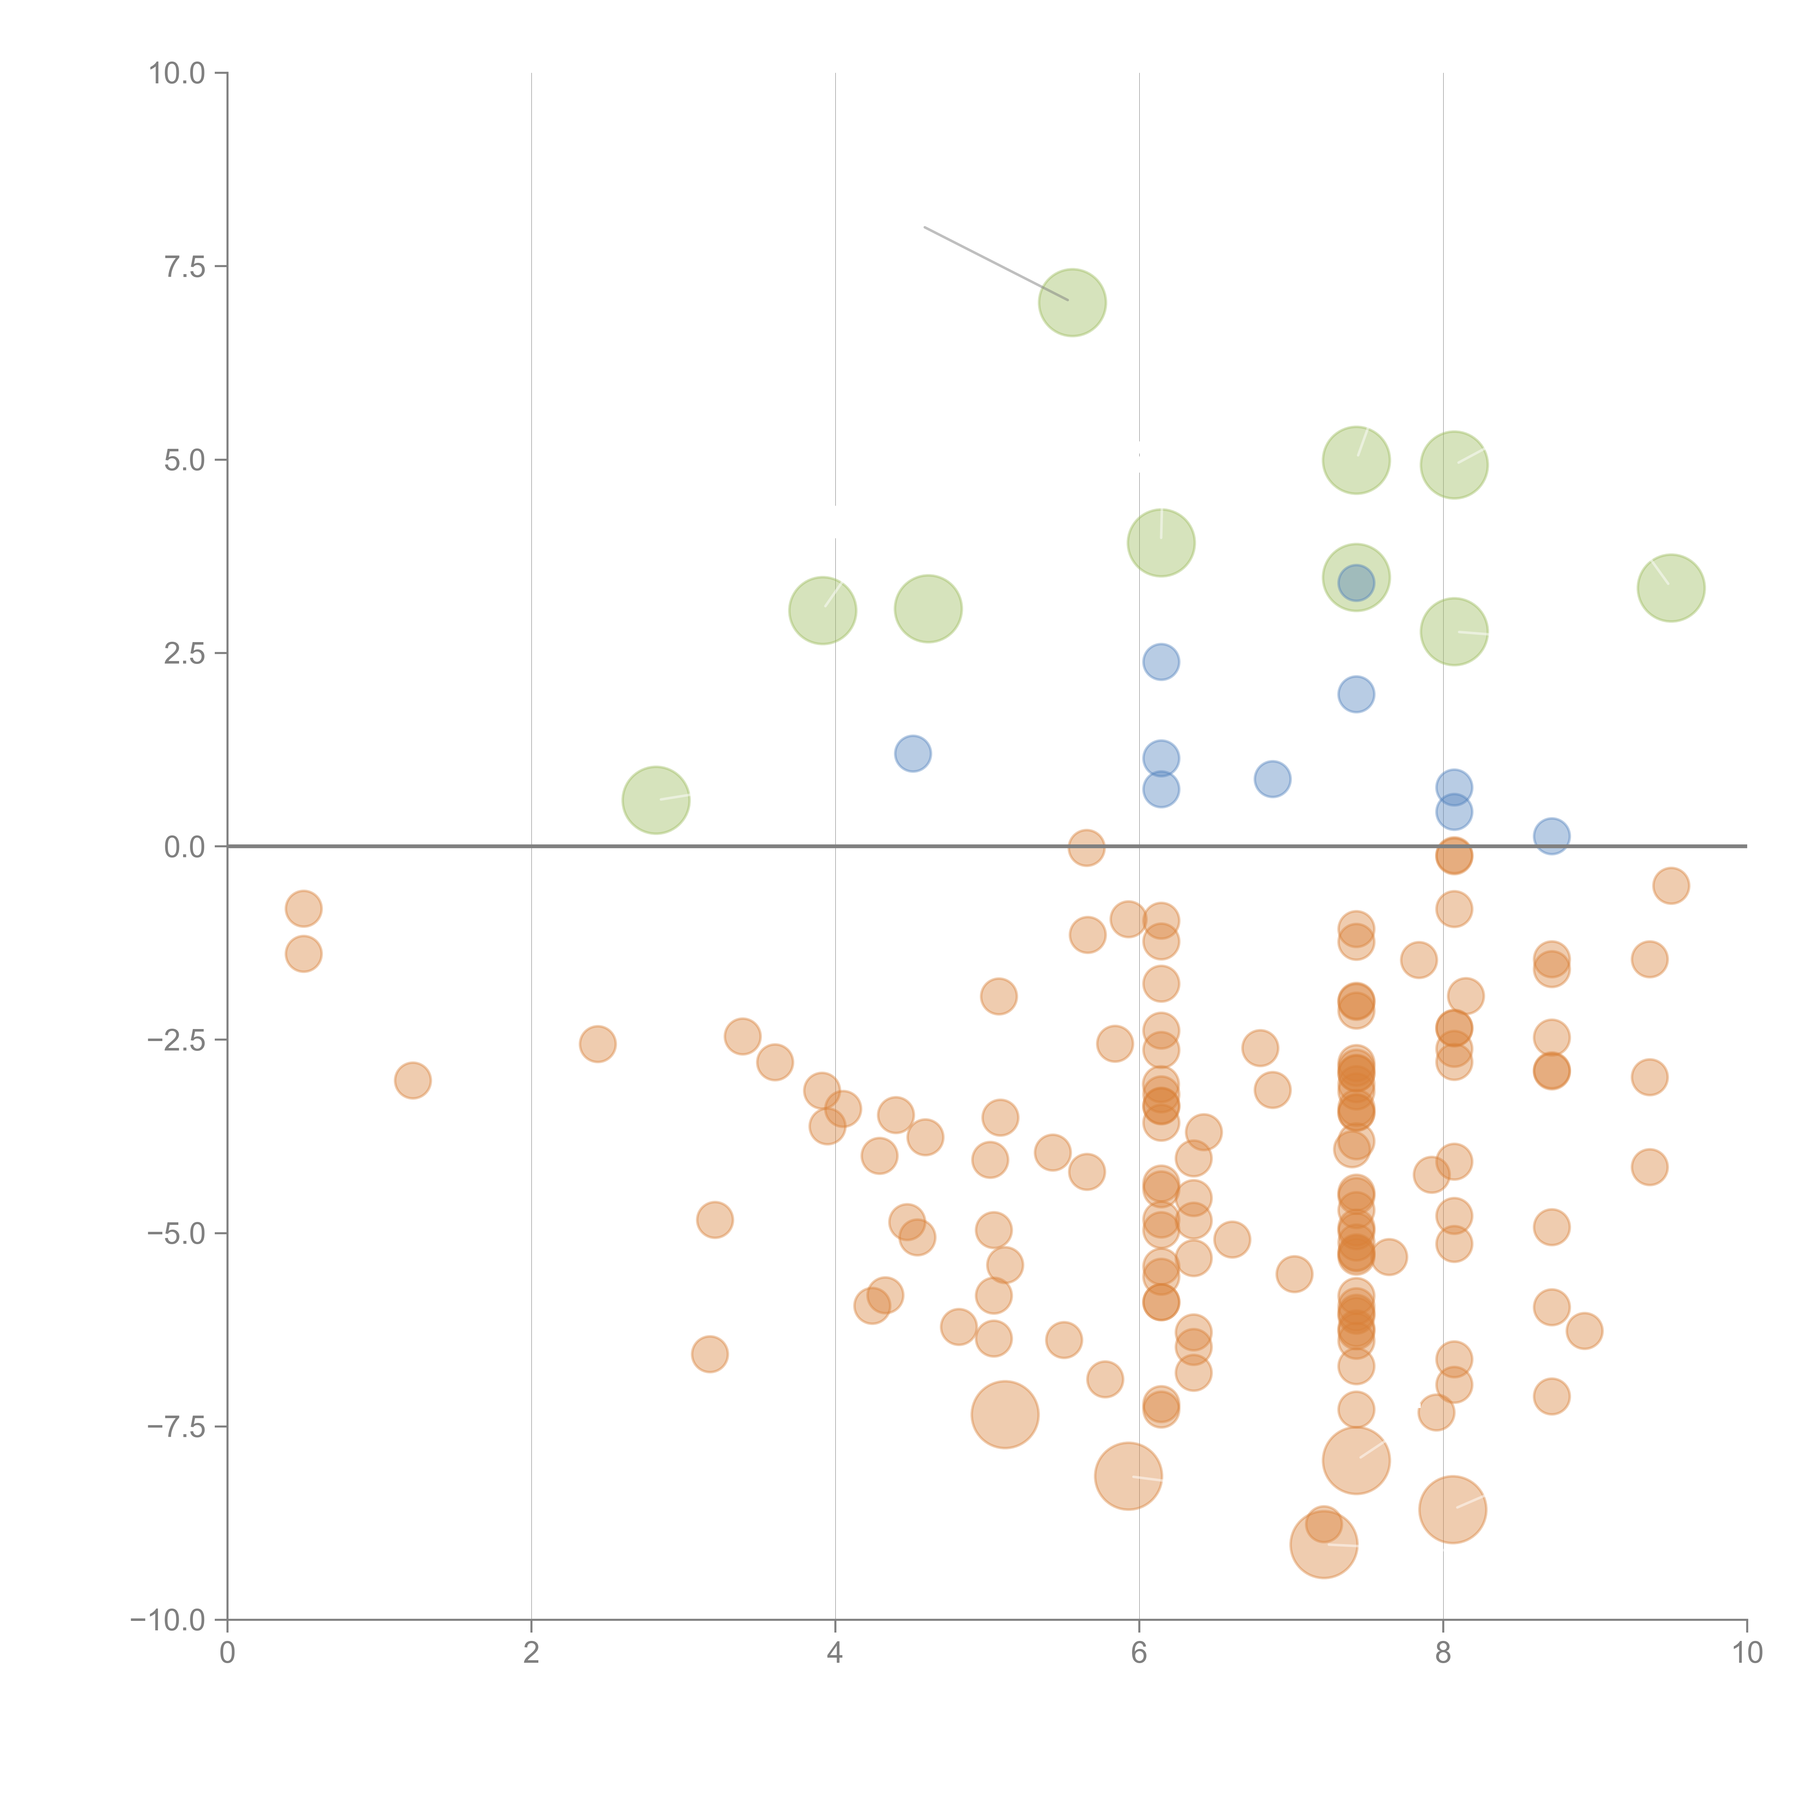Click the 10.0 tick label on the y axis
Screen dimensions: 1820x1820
177,74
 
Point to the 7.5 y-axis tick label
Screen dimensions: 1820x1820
185,266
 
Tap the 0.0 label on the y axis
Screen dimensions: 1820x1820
185,847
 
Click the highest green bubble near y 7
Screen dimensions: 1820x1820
1072,302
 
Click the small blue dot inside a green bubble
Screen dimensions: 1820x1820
1356,582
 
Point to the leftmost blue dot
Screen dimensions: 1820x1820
912,753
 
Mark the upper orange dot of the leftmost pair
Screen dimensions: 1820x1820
303,909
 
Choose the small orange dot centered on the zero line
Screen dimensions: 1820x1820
1086,848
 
